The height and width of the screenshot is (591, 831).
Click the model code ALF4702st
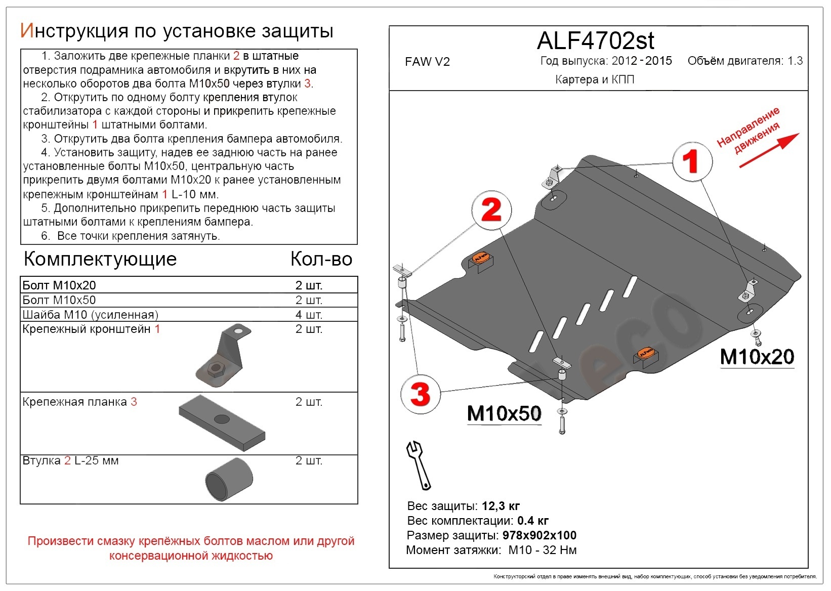click(595, 40)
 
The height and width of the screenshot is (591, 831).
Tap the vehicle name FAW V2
click(427, 62)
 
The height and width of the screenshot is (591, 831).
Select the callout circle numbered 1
click(692, 162)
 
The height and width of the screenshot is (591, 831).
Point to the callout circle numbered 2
click(491, 210)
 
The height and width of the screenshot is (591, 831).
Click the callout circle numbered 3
click(420, 394)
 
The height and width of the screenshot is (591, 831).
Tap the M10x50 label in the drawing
click(504, 413)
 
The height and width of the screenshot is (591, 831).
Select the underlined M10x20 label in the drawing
click(757, 357)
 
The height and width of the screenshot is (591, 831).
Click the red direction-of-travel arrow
click(769, 150)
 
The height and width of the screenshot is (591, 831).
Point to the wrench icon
click(419, 465)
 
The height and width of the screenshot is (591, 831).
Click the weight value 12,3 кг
click(501, 506)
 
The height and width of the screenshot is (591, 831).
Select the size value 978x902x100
click(539, 535)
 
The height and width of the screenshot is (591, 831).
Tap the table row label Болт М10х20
click(59, 285)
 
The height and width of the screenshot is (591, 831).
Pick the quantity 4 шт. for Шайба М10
click(309, 315)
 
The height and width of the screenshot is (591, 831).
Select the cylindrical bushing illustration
click(229, 480)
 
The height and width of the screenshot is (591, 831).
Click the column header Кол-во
click(321, 259)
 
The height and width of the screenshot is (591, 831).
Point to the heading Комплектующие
click(100, 259)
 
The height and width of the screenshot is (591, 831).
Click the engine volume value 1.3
click(795, 61)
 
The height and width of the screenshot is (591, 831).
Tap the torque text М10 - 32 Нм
click(543, 550)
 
